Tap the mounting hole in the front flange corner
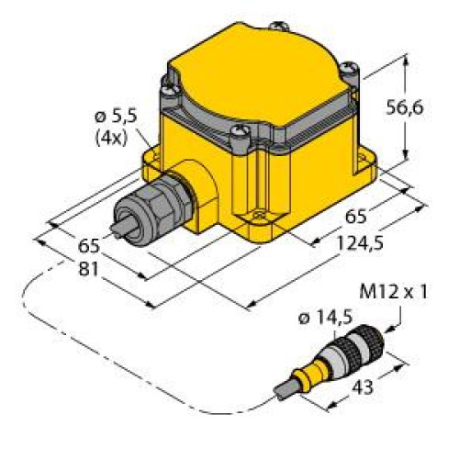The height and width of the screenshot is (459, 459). point(258,218)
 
